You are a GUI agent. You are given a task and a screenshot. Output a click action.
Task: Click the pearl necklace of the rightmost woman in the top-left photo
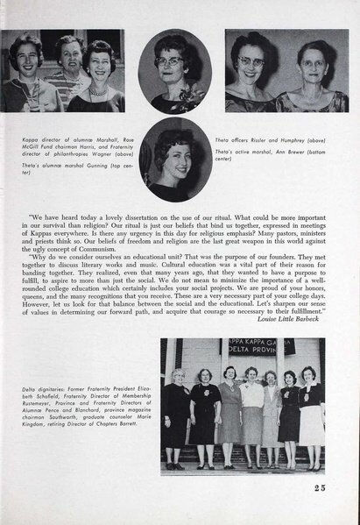[97, 90]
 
